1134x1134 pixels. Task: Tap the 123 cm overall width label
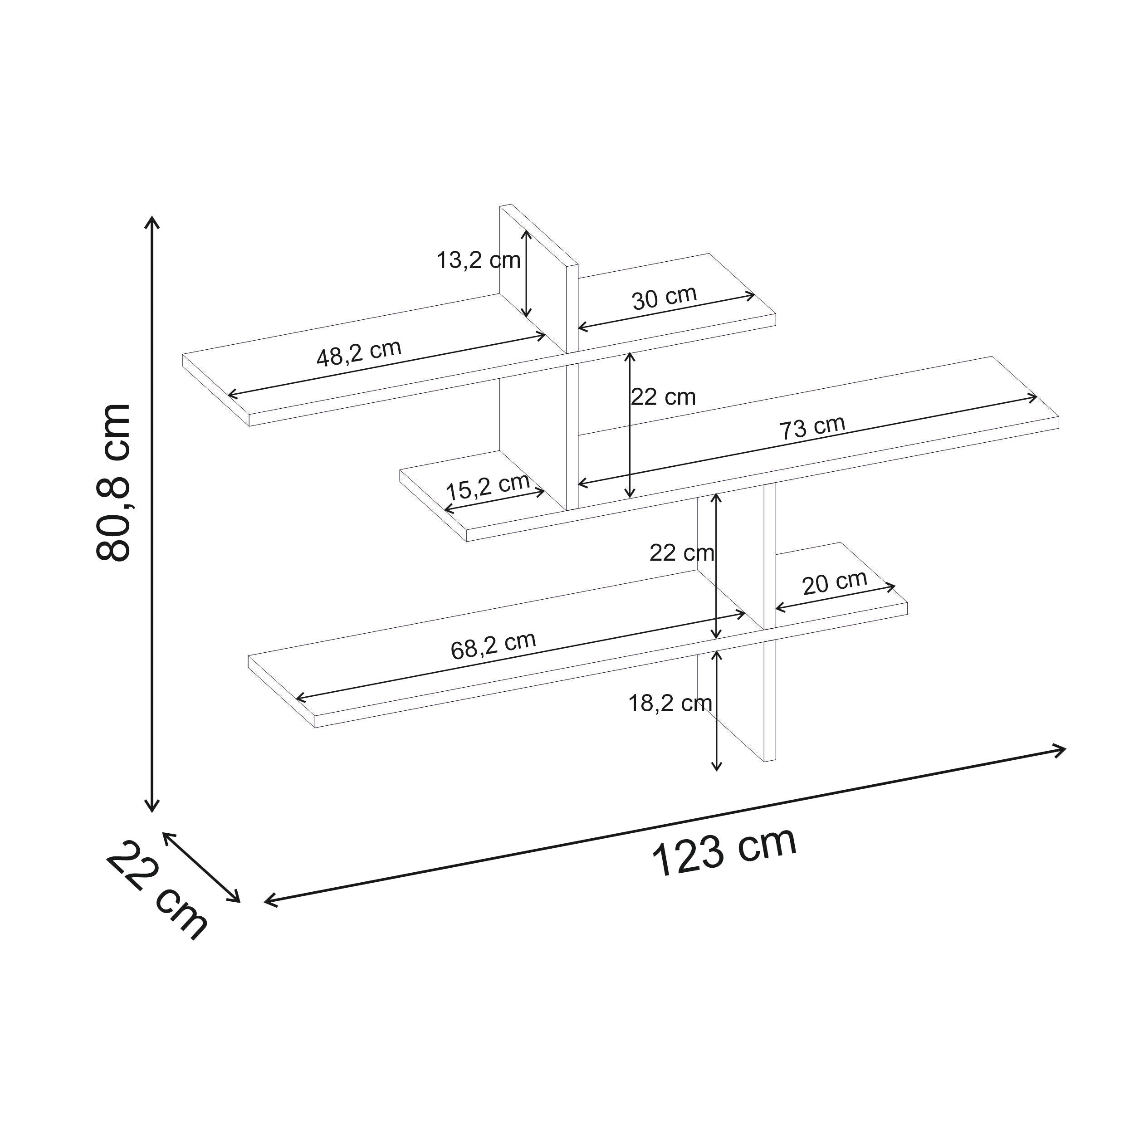tap(724, 850)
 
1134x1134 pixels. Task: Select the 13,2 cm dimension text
tap(479, 260)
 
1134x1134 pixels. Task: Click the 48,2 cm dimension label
tap(359, 353)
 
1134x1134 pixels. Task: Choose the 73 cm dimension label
tap(812, 427)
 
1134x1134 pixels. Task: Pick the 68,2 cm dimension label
tap(493, 645)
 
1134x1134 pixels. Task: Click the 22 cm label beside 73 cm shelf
tap(663, 397)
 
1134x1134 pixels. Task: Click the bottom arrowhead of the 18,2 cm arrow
tap(717, 768)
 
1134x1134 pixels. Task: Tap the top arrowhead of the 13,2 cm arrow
tap(527, 232)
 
